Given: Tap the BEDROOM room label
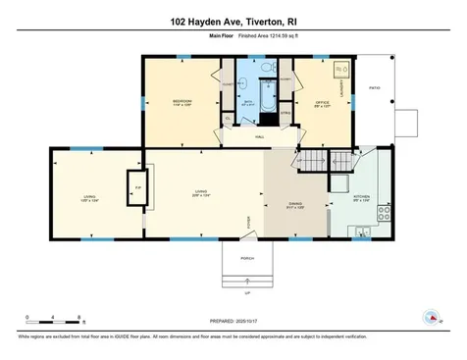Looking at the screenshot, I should (182, 101).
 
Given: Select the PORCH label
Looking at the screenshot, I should (247, 258).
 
